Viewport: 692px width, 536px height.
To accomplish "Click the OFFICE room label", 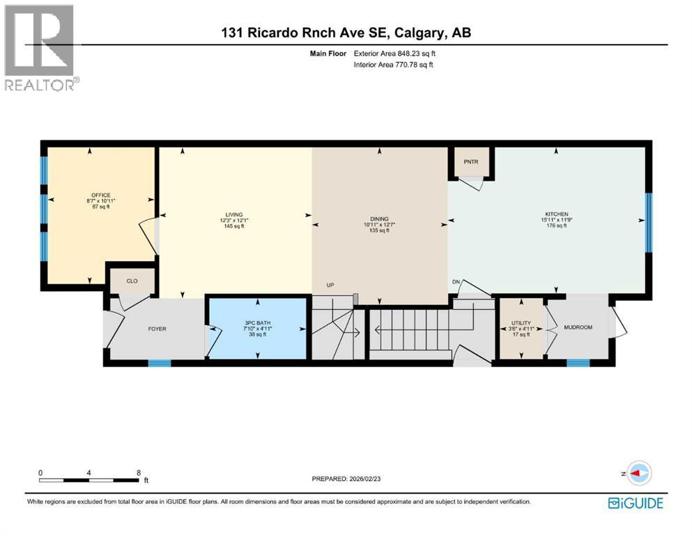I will click(101, 195).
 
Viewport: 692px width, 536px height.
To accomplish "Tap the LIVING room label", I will click(233, 214).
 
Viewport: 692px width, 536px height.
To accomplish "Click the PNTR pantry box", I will click(470, 162).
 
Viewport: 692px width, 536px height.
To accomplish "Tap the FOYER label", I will click(157, 329).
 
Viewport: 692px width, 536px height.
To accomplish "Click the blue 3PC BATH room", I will click(258, 328).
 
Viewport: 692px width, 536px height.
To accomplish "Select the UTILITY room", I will click(521, 328).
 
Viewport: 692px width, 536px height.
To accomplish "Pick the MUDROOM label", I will click(578, 327).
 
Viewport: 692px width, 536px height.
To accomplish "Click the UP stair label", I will click(332, 285).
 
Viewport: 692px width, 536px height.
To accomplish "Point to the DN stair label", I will click(456, 281).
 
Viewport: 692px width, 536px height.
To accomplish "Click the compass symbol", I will click(638, 473).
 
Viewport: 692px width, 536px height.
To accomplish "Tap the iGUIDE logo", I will click(635, 502).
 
